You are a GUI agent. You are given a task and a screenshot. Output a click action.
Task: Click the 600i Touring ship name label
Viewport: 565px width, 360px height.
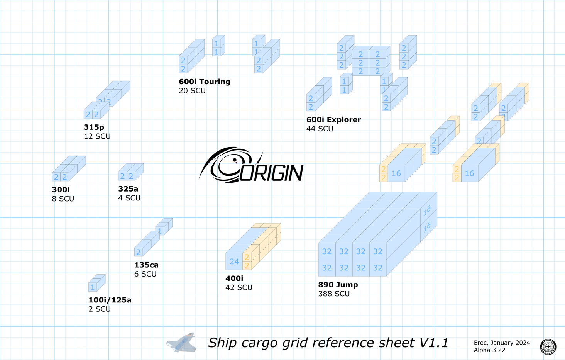click(205, 82)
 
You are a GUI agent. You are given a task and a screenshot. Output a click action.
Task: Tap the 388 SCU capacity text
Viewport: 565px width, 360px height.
click(334, 294)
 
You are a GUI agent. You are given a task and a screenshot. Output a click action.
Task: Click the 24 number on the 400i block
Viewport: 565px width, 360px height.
click(234, 262)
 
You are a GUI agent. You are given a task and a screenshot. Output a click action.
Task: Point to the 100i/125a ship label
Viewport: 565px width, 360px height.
click(110, 300)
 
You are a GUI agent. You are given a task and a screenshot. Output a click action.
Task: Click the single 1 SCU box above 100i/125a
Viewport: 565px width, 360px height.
click(93, 287)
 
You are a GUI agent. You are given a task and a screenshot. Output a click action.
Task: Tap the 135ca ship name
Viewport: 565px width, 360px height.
click(146, 265)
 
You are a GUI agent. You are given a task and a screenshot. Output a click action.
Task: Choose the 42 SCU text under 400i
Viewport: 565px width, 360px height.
click(239, 288)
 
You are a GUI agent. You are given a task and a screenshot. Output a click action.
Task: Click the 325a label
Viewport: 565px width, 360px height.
click(128, 189)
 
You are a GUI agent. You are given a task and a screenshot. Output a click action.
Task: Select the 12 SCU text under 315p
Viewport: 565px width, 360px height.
click(97, 136)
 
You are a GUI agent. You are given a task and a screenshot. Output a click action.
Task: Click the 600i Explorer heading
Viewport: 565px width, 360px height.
click(334, 120)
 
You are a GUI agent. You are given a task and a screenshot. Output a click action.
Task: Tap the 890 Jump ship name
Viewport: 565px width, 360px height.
click(338, 285)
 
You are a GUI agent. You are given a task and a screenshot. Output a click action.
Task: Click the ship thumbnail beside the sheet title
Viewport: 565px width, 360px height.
click(181, 342)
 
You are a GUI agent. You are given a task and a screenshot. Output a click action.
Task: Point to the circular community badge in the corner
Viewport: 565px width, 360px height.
click(548, 346)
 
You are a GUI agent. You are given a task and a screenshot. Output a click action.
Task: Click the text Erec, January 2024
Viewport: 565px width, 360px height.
click(502, 343)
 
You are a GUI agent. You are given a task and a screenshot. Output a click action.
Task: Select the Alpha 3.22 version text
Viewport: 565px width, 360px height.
click(489, 350)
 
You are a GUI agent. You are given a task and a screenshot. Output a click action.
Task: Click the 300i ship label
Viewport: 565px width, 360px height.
click(61, 190)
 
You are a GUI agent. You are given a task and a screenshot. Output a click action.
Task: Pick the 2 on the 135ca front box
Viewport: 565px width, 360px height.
click(139, 252)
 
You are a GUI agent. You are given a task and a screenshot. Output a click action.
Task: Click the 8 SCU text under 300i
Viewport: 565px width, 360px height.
click(63, 199)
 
